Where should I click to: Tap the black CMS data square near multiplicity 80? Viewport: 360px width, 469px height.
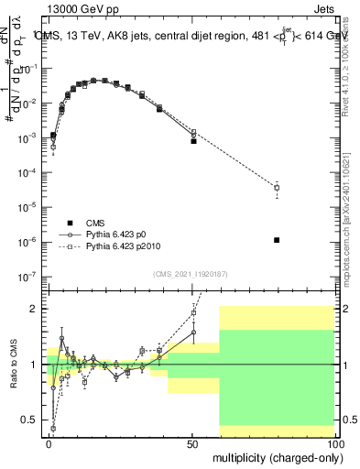pos(277,240)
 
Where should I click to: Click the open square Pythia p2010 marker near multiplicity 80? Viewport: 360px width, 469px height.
pos(277,188)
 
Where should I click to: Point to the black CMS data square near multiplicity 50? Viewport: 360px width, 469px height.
pos(193,141)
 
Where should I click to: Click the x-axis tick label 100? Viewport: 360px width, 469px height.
pos(334,443)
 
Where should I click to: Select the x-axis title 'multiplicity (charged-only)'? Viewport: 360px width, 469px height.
pos(275,456)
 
